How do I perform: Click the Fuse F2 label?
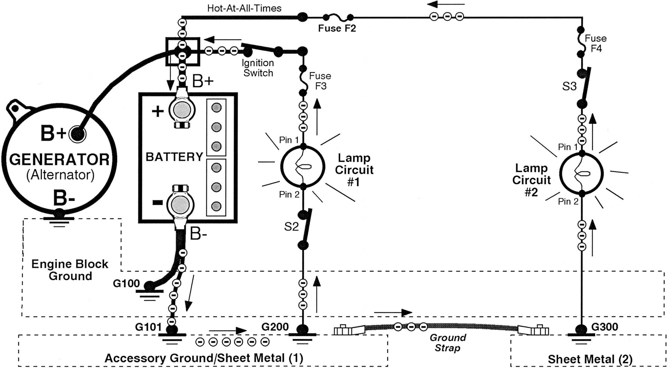coord(337,28)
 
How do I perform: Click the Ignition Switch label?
coord(258,68)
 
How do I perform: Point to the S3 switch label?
coord(569,86)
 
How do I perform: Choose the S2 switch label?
coord(291,227)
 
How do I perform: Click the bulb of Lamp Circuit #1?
coord(303,166)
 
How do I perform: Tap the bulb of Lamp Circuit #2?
coord(581,174)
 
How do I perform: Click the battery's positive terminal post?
coord(182,110)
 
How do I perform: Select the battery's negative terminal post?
coord(181,205)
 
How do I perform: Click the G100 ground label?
coord(126,283)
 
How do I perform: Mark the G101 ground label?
coord(149,327)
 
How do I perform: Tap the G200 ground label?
coord(275,327)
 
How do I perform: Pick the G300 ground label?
coord(605,327)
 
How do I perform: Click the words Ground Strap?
coord(448,343)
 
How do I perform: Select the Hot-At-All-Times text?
coord(244,8)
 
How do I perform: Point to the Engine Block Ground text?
coord(70,270)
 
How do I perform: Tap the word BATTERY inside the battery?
coord(174,157)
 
